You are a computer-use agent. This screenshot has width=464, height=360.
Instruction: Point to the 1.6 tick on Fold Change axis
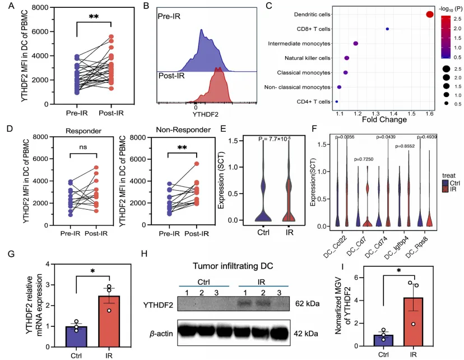coord(429,113)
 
